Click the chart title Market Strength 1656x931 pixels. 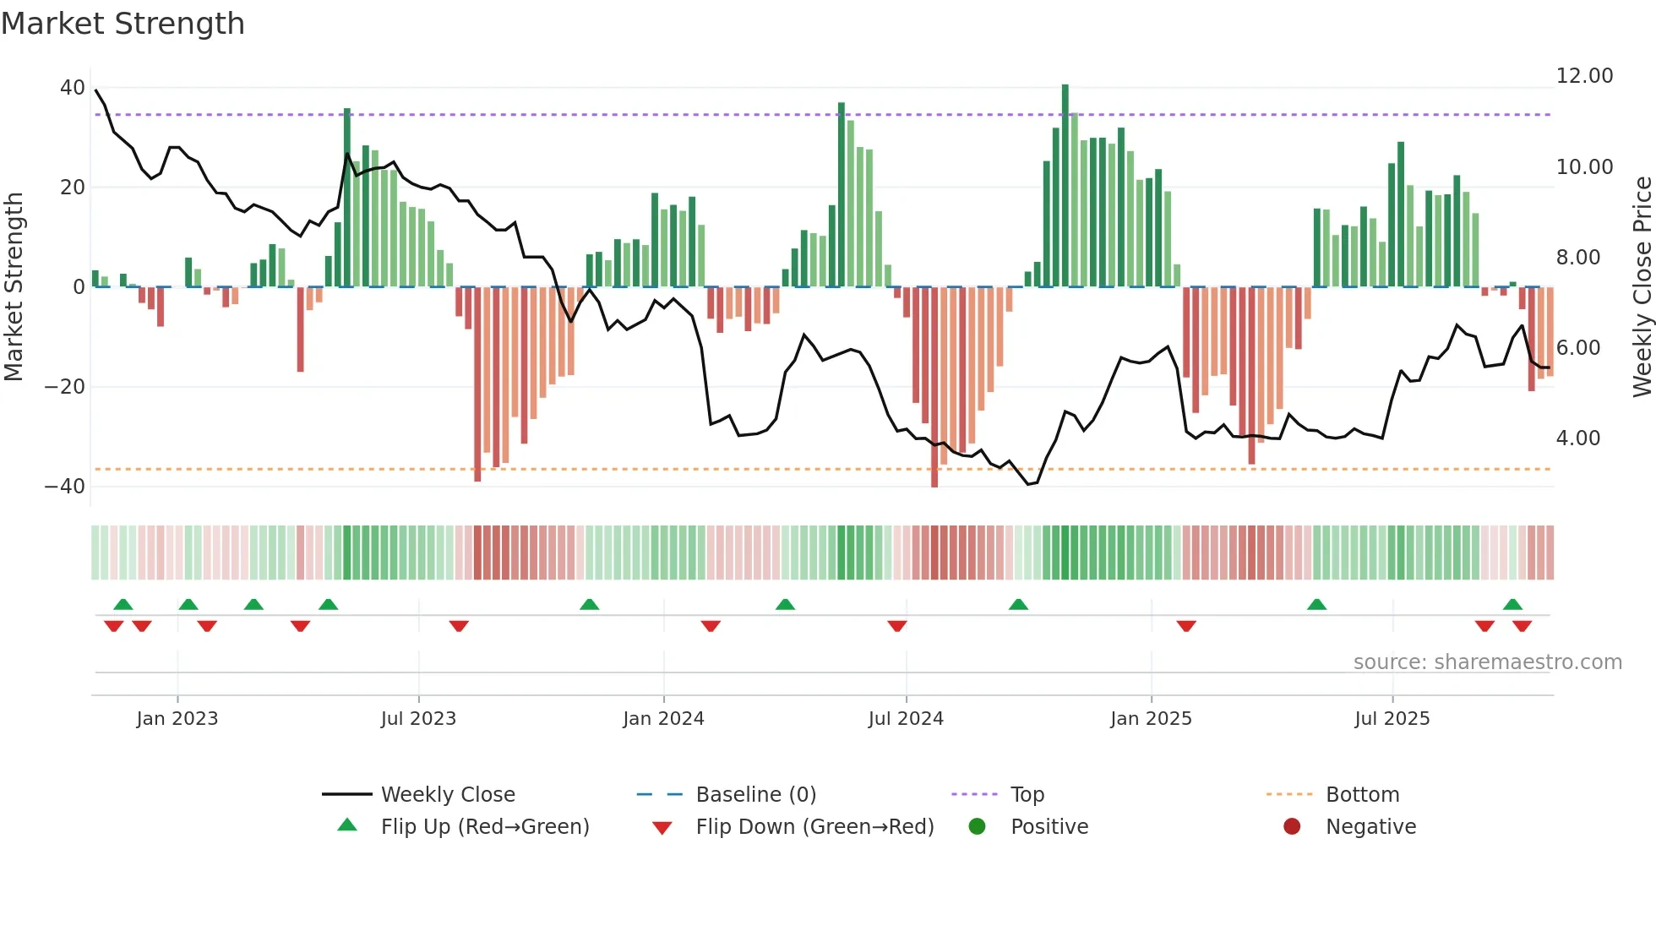tap(123, 24)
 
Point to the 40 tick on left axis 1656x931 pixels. tap(72, 88)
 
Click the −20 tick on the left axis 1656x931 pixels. tap(65, 387)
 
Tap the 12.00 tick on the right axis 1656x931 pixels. tap(1584, 76)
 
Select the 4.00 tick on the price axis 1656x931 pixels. tap(1577, 438)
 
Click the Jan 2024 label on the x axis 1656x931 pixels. tap(663, 719)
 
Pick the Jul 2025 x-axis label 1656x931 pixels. tap(1392, 719)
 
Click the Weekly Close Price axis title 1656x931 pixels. tap(1642, 287)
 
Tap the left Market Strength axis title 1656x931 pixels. tap(14, 287)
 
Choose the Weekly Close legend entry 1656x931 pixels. tap(447, 795)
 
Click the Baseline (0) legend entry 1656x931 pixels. tap(755, 795)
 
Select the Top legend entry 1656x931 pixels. tap(1027, 795)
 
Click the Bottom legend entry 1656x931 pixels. tap(1362, 795)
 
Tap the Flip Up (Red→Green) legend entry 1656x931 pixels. tap(484, 827)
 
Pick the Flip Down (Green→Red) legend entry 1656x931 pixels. tap(814, 827)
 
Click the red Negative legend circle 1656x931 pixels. tap(1292, 827)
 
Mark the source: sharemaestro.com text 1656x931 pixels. tap(1487, 662)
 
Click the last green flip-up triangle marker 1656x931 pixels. tap(1512, 604)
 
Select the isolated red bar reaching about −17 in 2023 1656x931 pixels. tap(300, 329)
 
